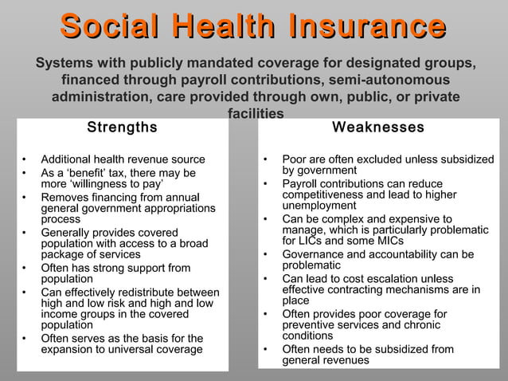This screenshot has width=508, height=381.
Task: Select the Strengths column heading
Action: [x=122, y=128]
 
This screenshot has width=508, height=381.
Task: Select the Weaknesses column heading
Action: [x=378, y=128]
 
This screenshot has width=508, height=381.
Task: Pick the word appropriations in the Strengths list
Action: [x=175, y=208]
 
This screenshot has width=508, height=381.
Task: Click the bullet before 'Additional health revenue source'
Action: [x=25, y=159]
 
